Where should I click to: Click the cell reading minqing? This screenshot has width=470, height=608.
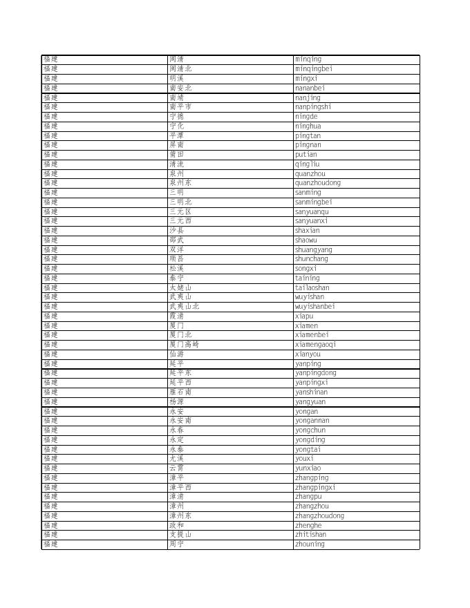(308, 59)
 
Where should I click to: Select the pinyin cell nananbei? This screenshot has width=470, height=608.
(310, 88)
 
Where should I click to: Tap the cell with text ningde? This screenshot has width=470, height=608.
(306, 117)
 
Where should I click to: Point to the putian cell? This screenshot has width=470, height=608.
(306, 155)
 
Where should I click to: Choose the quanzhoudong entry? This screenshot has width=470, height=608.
(317, 183)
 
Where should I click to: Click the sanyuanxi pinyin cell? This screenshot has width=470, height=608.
(312, 221)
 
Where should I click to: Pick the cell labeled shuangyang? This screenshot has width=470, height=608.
(313, 250)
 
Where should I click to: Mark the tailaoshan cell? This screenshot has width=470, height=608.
(312, 288)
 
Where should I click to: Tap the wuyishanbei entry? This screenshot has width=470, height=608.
(314, 307)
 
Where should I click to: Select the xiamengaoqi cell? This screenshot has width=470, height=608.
(315, 345)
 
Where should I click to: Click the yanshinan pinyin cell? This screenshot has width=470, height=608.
(311, 392)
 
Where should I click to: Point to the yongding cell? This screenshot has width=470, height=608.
(310, 440)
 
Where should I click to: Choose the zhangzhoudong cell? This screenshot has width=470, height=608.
(319, 516)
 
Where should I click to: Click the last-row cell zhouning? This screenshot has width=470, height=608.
(310, 544)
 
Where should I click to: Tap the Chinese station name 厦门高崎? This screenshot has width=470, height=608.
(184, 345)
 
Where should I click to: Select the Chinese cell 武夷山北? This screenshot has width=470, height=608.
(184, 307)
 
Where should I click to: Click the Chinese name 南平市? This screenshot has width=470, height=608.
(180, 107)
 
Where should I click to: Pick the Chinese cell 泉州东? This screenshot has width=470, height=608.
(180, 183)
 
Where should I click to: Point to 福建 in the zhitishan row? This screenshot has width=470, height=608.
(50, 535)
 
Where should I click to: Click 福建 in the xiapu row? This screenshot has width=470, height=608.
(50, 316)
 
